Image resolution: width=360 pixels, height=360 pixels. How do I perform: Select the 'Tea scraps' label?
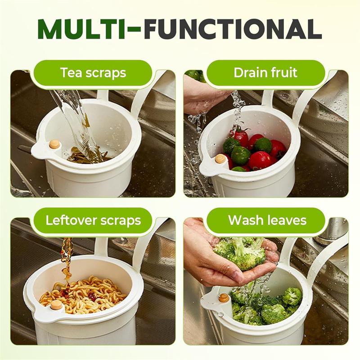click(93, 73)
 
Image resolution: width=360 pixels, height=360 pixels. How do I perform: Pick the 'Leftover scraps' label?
click(93, 220)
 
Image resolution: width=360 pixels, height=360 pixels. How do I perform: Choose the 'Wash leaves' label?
click(267, 220)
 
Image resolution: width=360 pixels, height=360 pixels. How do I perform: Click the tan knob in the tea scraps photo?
click(54, 144)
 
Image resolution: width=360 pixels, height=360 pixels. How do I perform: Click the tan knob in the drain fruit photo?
click(220, 159)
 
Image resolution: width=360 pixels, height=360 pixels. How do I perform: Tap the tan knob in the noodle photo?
click(56, 305)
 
